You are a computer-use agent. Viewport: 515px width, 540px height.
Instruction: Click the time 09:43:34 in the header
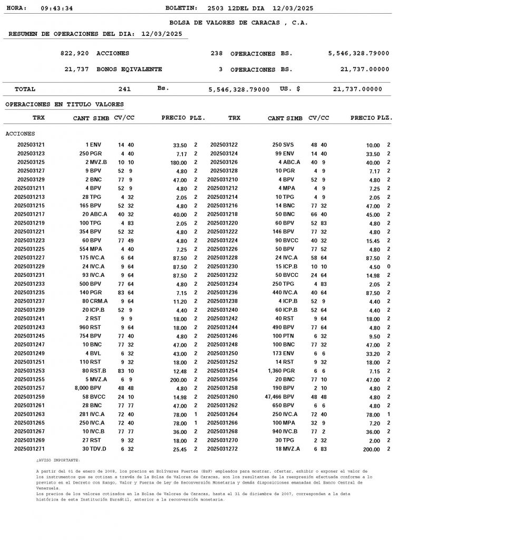click(56, 8)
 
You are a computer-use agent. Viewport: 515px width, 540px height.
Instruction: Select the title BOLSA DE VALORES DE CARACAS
click(238, 23)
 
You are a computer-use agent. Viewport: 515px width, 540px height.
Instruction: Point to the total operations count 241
click(124, 89)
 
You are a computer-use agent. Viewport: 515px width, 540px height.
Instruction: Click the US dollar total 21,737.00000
click(357, 89)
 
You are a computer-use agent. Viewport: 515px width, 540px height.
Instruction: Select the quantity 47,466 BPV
click(278, 397)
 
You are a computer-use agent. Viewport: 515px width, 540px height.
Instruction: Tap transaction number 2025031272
click(222, 449)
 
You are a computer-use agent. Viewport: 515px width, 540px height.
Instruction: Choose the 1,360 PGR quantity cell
click(281, 371)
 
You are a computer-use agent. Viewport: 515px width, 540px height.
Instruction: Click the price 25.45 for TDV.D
click(179, 449)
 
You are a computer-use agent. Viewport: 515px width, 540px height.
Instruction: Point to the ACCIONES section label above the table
click(20, 134)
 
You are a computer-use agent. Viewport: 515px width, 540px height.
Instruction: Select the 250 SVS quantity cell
click(283, 145)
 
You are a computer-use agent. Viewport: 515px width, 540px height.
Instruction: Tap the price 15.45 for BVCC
click(373, 241)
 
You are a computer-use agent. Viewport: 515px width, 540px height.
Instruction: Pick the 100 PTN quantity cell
click(283, 336)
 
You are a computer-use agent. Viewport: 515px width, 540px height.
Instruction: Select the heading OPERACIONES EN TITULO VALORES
click(64, 104)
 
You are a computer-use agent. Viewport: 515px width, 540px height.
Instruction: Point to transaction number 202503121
click(31, 145)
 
